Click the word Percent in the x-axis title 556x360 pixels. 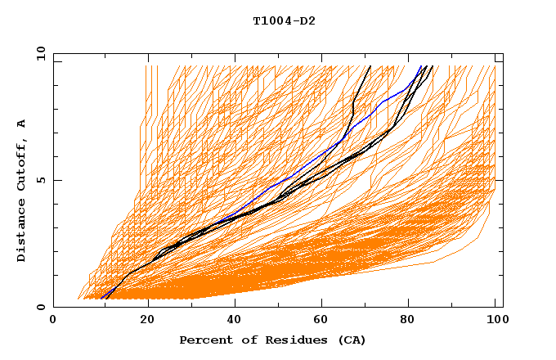pyautogui.click(x=202, y=340)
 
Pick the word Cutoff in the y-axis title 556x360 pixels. pyautogui.click(x=22, y=163)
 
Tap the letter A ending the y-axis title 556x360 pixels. pyautogui.click(x=22, y=123)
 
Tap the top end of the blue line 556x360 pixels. pyautogui.click(x=420, y=66)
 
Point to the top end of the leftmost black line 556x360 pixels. pyautogui.click(x=370, y=66)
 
